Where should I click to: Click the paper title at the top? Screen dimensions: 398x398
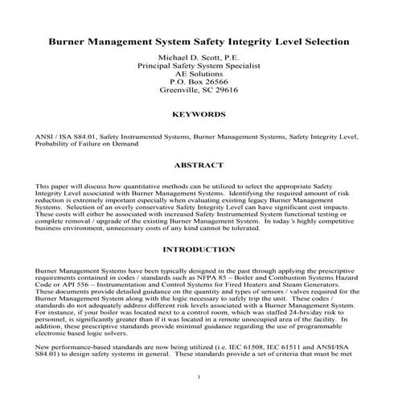(x=199, y=39)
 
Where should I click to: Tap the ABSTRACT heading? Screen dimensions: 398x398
(x=199, y=165)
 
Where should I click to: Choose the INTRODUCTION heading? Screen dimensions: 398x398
(x=199, y=249)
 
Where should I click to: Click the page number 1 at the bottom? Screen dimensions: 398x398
(x=199, y=377)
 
